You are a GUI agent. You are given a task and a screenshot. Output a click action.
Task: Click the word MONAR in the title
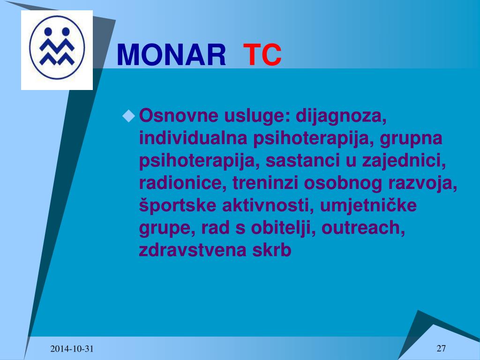tap(172, 55)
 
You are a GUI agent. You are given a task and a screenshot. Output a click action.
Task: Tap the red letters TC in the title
tap(262, 55)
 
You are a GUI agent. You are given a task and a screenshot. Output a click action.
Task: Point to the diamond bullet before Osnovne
tap(128, 116)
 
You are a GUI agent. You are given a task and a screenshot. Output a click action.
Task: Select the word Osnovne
tap(179, 115)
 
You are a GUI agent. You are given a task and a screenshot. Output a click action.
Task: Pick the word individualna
tap(193, 138)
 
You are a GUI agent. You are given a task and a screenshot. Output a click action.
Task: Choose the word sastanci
tap(303, 161)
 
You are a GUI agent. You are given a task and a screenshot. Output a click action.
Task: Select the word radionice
tap(183, 183)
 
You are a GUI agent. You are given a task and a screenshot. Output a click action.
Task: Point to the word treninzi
tap(265, 183)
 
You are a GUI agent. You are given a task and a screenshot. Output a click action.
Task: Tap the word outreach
tap(363, 228)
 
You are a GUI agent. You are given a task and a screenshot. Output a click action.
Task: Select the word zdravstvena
tap(193, 250)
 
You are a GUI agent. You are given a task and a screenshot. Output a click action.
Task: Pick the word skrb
tap(272, 250)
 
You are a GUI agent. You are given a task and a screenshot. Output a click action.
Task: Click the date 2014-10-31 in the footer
tap(72, 349)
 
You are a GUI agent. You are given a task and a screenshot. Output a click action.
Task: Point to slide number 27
tap(441, 348)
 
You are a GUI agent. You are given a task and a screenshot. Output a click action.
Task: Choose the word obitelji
tap(283, 229)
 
